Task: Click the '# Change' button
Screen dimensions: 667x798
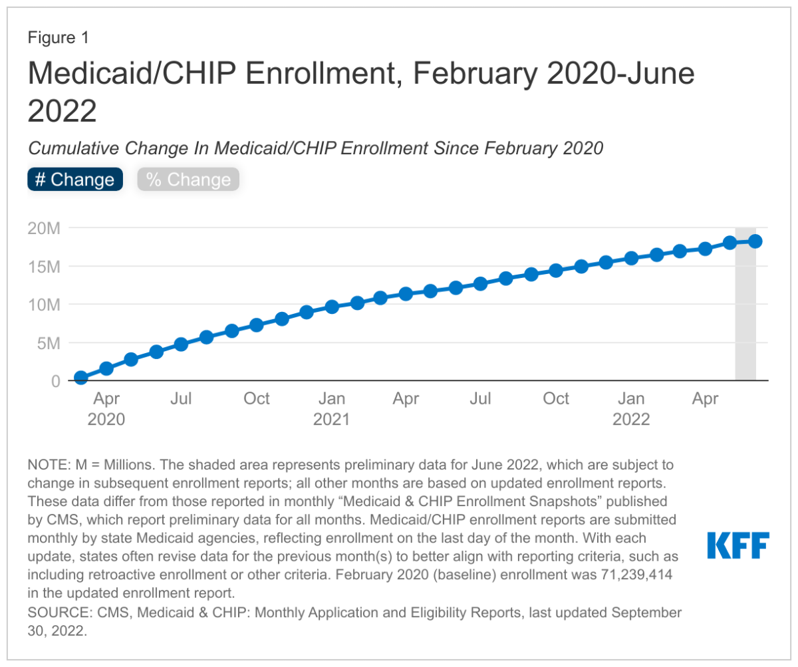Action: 75,180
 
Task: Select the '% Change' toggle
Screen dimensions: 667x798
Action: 188,180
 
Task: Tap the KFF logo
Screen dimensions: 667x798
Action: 737,545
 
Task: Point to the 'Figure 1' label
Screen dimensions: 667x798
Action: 58,38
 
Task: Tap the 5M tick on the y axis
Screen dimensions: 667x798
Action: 49,343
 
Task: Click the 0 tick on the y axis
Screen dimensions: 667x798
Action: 57,382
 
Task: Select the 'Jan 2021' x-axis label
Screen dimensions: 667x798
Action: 331,409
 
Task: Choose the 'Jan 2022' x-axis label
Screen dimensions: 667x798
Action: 631,409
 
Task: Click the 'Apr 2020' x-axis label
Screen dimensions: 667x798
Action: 106,409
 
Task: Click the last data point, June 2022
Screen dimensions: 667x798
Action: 755,241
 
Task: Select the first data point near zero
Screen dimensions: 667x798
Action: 81,378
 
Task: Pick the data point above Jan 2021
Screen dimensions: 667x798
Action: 332,307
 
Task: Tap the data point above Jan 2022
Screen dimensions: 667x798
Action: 631,258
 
